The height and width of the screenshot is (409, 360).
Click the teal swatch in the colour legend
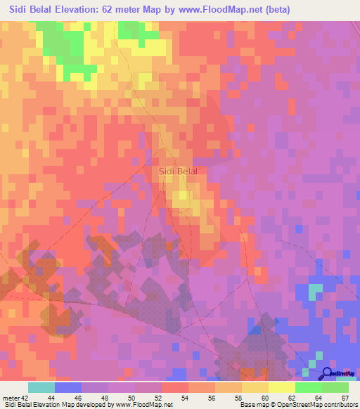41,387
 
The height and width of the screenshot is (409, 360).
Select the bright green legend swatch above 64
308,387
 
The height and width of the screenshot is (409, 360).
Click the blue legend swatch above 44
68,387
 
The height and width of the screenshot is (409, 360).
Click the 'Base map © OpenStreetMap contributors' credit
298,405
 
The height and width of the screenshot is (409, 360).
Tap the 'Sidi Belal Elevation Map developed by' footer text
60,405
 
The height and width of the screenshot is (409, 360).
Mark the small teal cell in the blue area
314,288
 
